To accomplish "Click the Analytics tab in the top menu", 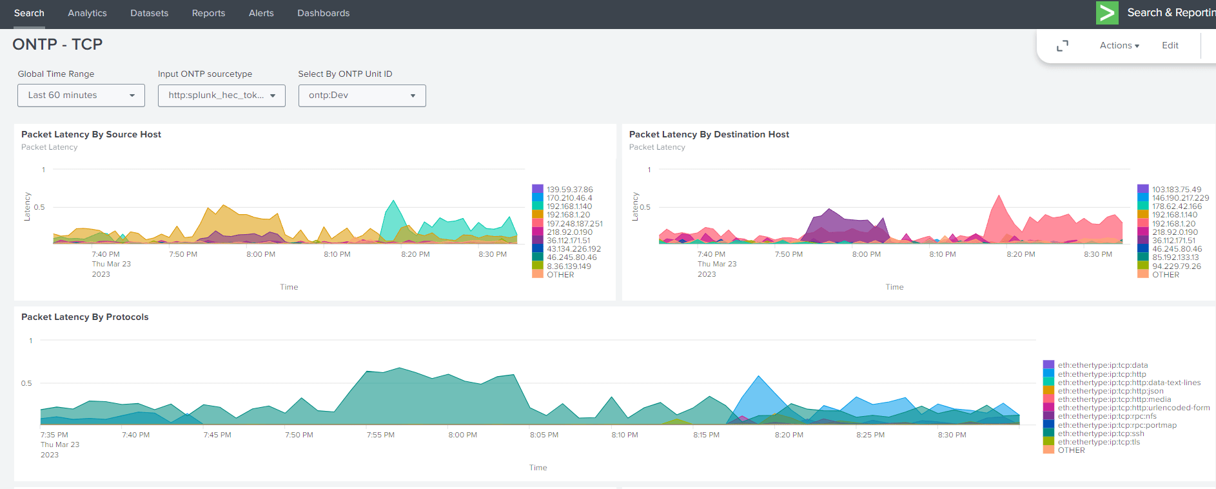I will pyautogui.click(x=87, y=13).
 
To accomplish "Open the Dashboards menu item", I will pyautogui.click(x=323, y=13).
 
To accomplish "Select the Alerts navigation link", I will pyautogui.click(x=261, y=13).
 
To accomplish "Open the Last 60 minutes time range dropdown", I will pyautogui.click(x=81, y=95).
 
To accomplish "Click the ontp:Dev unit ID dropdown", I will pyautogui.click(x=362, y=95).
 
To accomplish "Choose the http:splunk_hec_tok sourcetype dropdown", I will pyautogui.click(x=221, y=95).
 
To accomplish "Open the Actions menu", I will pyautogui.click(x=1119, y=45).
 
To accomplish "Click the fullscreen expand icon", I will pyautogui.click(x=1063, y=46).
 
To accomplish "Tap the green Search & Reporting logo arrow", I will pyautogui.click(x=1107, y=13).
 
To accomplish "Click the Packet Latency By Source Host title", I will pyautogui.click(x=91, y=134).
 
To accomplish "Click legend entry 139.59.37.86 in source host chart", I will pyautogui.click(x=569, y=190).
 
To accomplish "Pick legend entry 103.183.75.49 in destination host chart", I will pyautogui.click(x=1176, y=190).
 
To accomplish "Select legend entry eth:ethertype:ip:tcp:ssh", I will pyautogui.click(x=1101, y=434).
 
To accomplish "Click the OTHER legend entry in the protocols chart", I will pyautogui.click(x=1071, y=450).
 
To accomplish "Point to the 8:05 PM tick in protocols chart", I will pyautogui.click(x=544, y=435).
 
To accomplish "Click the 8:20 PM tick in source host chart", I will pyautogui.click(x=415, y=254).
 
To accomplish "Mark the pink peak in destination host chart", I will pyautogui.click(x=999, y=197).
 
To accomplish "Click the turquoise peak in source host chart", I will pyautogui.click(x=393, y=202).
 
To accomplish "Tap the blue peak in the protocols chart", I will pyautogui.click(x=759, y=377).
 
